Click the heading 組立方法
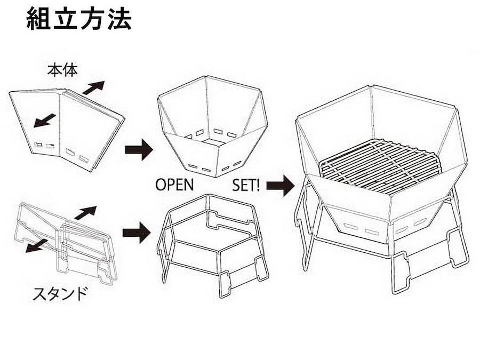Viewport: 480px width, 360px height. point(79,19)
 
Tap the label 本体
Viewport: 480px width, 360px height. point(62,70)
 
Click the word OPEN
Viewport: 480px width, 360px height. point(174,185)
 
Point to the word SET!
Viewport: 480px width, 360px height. point(246,185)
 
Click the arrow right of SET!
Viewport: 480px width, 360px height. point(281,186)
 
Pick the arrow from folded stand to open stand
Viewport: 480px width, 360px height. point(137,233)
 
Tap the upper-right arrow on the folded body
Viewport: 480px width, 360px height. point(94,87)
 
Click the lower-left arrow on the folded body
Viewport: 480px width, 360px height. point(45,121)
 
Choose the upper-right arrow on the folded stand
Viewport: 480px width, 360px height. point(85,213)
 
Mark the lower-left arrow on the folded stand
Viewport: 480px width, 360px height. point(36,246)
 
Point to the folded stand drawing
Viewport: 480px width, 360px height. point(66,242)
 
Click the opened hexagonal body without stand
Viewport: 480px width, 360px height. point(213,127)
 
